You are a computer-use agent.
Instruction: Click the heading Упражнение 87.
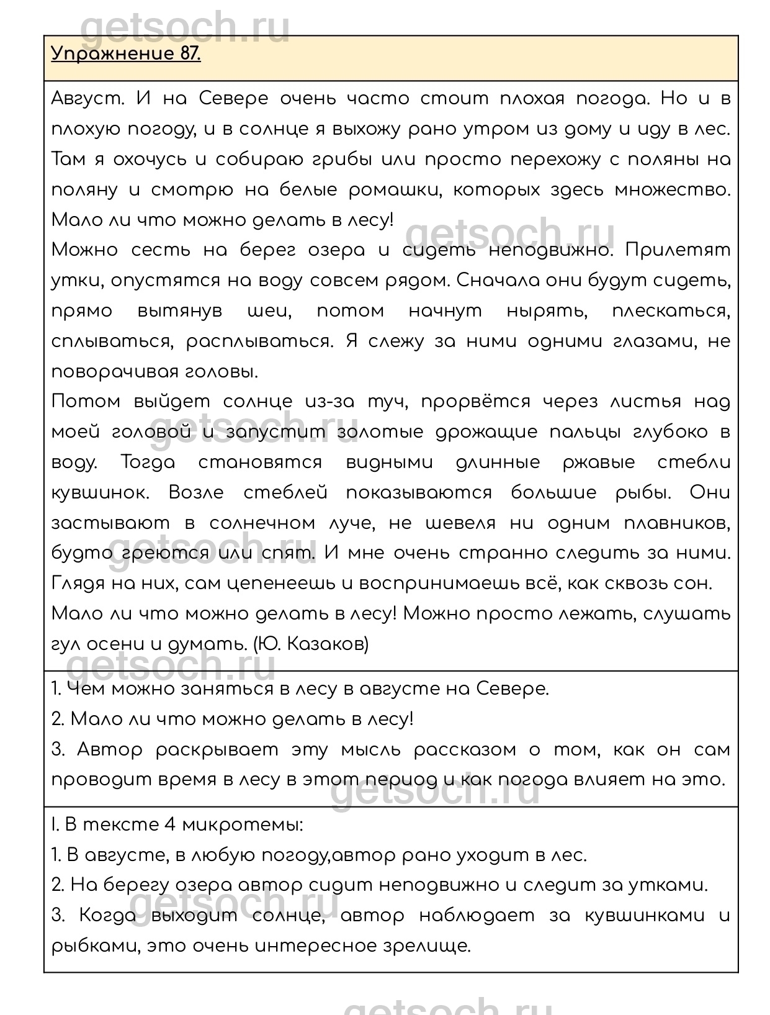pos(126,54)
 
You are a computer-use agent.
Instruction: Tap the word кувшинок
pos(101,494)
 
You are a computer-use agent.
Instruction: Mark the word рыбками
pos(90,947)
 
